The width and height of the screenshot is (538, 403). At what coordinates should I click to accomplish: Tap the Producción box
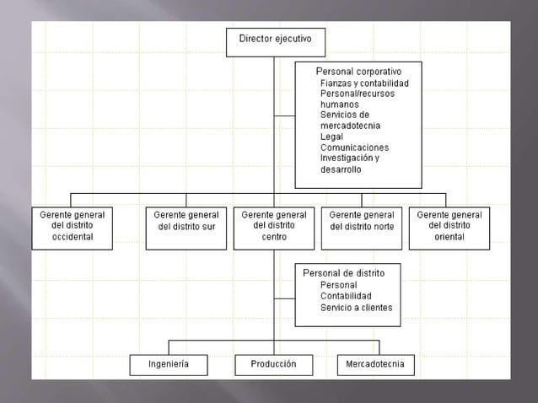coord(273,364)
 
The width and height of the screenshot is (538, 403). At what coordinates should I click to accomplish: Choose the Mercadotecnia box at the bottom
coord(374,364)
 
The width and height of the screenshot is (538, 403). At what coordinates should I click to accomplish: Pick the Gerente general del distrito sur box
coord(186,226)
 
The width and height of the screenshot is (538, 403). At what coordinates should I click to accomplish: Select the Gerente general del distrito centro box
coord(274,226)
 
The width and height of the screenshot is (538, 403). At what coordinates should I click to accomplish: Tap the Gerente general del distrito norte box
coord(362,226)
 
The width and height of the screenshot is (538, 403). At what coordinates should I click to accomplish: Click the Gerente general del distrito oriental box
coord(449,226)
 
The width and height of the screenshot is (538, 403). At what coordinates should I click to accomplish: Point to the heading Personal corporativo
coord(358,72)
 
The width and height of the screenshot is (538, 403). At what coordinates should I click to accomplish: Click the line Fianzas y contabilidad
coord(364,83)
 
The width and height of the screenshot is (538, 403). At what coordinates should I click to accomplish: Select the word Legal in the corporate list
coord(331,137)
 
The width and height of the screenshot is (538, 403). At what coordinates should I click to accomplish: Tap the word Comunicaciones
coord(354,147)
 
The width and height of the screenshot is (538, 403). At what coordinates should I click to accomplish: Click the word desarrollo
coord(341,169)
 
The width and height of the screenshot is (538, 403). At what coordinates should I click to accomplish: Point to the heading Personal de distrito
coord(343,273)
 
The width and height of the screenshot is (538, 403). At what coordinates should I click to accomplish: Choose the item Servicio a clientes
coord(356,308)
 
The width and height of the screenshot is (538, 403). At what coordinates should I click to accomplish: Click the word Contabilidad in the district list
coord(346,297)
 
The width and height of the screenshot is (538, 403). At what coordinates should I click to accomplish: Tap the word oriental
coord(449,237)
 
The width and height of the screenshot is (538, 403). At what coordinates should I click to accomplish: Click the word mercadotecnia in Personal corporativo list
coord(350,126)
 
